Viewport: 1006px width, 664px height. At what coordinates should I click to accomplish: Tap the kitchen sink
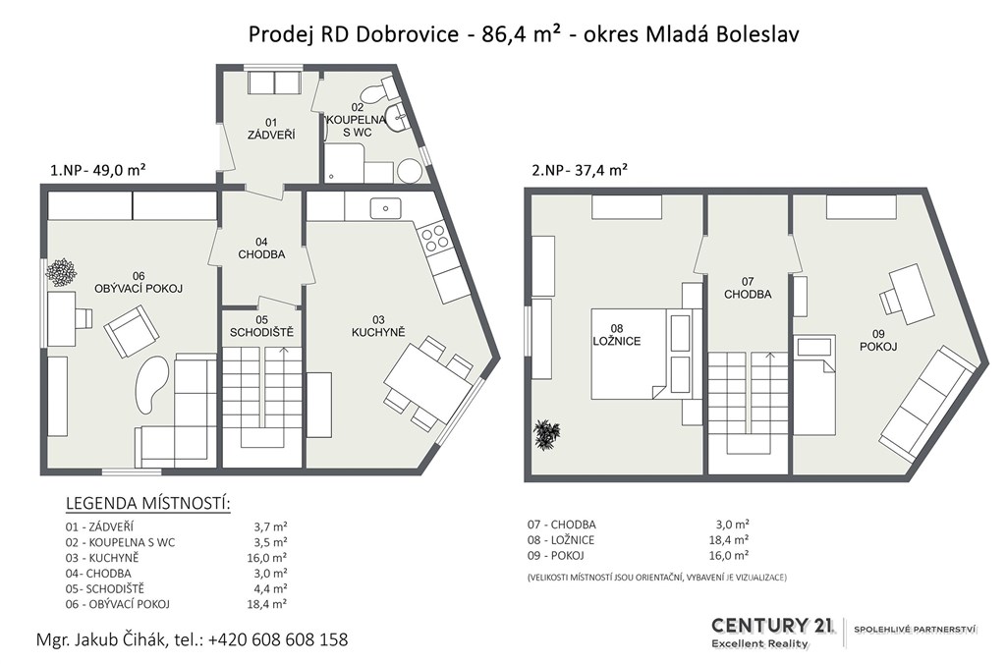pyautogui.click(x=385, y=208)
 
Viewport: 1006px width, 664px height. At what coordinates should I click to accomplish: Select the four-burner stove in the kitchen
pyautogui.click(x=430, y=238)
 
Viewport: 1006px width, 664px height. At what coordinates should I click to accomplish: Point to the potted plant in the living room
pyautogui.click(x=61, y=272)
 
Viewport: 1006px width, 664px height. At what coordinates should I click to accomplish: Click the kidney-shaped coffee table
pyautogui.click(x=152, y=384)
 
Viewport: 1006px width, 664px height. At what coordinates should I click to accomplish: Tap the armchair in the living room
pyautogui.click(x=132, y=331)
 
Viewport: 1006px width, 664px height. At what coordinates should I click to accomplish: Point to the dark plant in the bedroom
pyautogui.click(x=546, y=434)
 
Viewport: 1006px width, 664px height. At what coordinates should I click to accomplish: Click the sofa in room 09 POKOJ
pyautogui.click(x=929, y=404)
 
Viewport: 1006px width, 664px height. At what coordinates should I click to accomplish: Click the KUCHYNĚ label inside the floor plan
pyautogui.click(x=378, y=332)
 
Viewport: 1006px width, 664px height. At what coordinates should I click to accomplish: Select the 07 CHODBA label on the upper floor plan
pyautogui.click(x=748, y=288)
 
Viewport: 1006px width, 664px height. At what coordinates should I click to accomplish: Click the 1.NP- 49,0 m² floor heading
pyautogui.click(x=97, y=170)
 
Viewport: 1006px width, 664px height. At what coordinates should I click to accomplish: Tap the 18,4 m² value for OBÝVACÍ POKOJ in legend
pyautogui.click(x=266, y=604)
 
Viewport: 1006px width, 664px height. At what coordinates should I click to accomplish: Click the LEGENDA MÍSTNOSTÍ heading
pyautogui.click(x=147, y=504)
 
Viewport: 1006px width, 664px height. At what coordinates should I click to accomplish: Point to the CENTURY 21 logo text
pyautogui.click(x=772, y=625)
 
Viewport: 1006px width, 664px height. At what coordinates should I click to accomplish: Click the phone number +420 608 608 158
pyautogui.click(x=278, y=639)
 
